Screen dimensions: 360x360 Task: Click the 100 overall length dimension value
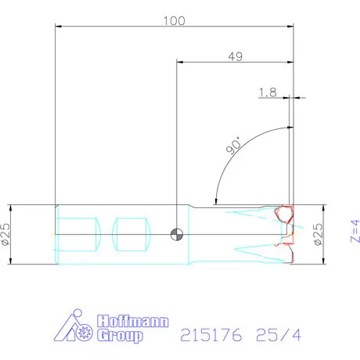[175, 21]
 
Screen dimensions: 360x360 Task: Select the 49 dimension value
[236, 56]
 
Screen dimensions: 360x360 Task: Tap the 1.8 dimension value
[268, 92]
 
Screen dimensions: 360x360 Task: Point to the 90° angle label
[233, 146]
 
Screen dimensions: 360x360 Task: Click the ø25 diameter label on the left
[5, 234]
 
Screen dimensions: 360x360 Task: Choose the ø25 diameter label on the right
[319, 234]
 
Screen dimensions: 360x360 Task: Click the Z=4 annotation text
[355, 231]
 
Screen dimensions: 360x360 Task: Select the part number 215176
[211, 335]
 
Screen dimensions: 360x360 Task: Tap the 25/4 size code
[279, 335]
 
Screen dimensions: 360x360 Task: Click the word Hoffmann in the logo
[133, 321]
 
